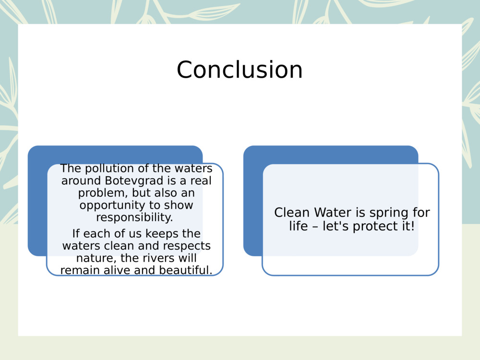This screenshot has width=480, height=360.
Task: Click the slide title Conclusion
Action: [x=240, y=70]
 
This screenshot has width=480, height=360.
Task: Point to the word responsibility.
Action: [x=134, y=217]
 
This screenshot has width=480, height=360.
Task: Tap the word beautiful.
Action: [x=186, y=270]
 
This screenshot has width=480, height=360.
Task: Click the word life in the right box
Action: [x=298, y=226]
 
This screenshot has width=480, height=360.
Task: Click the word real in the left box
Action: [x=201, y=181]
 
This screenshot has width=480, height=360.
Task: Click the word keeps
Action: [x=148, y=234]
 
